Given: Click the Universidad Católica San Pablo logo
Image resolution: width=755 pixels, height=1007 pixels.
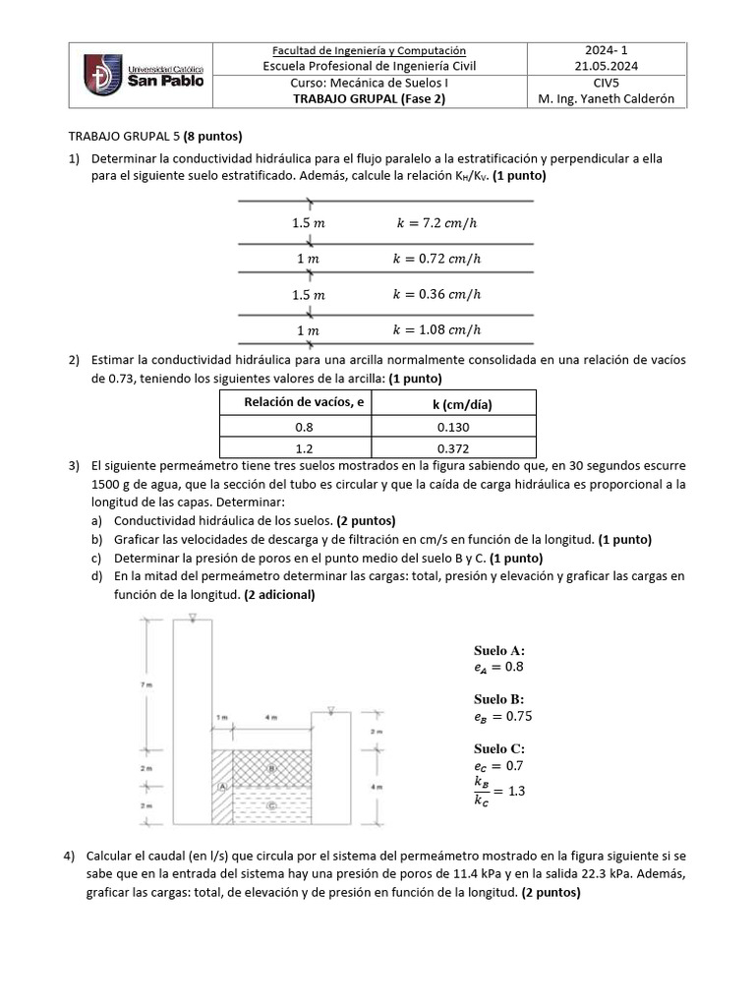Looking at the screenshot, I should [141, 75].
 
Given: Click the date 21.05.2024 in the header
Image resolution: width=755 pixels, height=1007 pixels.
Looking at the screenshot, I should [607, 67].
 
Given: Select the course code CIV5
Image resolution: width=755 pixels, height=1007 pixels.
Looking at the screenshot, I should [607, 84].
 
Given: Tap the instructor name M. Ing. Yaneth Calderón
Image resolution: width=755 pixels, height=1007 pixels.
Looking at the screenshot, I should [607, 100].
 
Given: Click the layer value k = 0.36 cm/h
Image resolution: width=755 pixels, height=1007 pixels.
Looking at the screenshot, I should [436, 294].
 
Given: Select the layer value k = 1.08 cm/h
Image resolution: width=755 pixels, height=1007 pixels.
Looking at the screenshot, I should [436, 329].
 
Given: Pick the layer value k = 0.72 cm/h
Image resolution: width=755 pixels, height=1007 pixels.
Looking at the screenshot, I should [436, 259].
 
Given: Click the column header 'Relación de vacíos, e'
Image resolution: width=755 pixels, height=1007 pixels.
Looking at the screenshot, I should [298, 402].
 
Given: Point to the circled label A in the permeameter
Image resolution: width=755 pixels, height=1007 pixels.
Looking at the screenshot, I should [222, 787].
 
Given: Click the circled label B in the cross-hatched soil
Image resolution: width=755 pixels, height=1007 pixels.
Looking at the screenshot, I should [270, 768].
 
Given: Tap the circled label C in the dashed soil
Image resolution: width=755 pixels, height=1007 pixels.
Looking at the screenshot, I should [270, 805].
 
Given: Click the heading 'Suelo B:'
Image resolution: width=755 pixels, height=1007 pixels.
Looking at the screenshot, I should [498, 699].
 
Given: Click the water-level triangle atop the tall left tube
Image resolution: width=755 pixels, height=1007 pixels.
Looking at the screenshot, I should [193, 618].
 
